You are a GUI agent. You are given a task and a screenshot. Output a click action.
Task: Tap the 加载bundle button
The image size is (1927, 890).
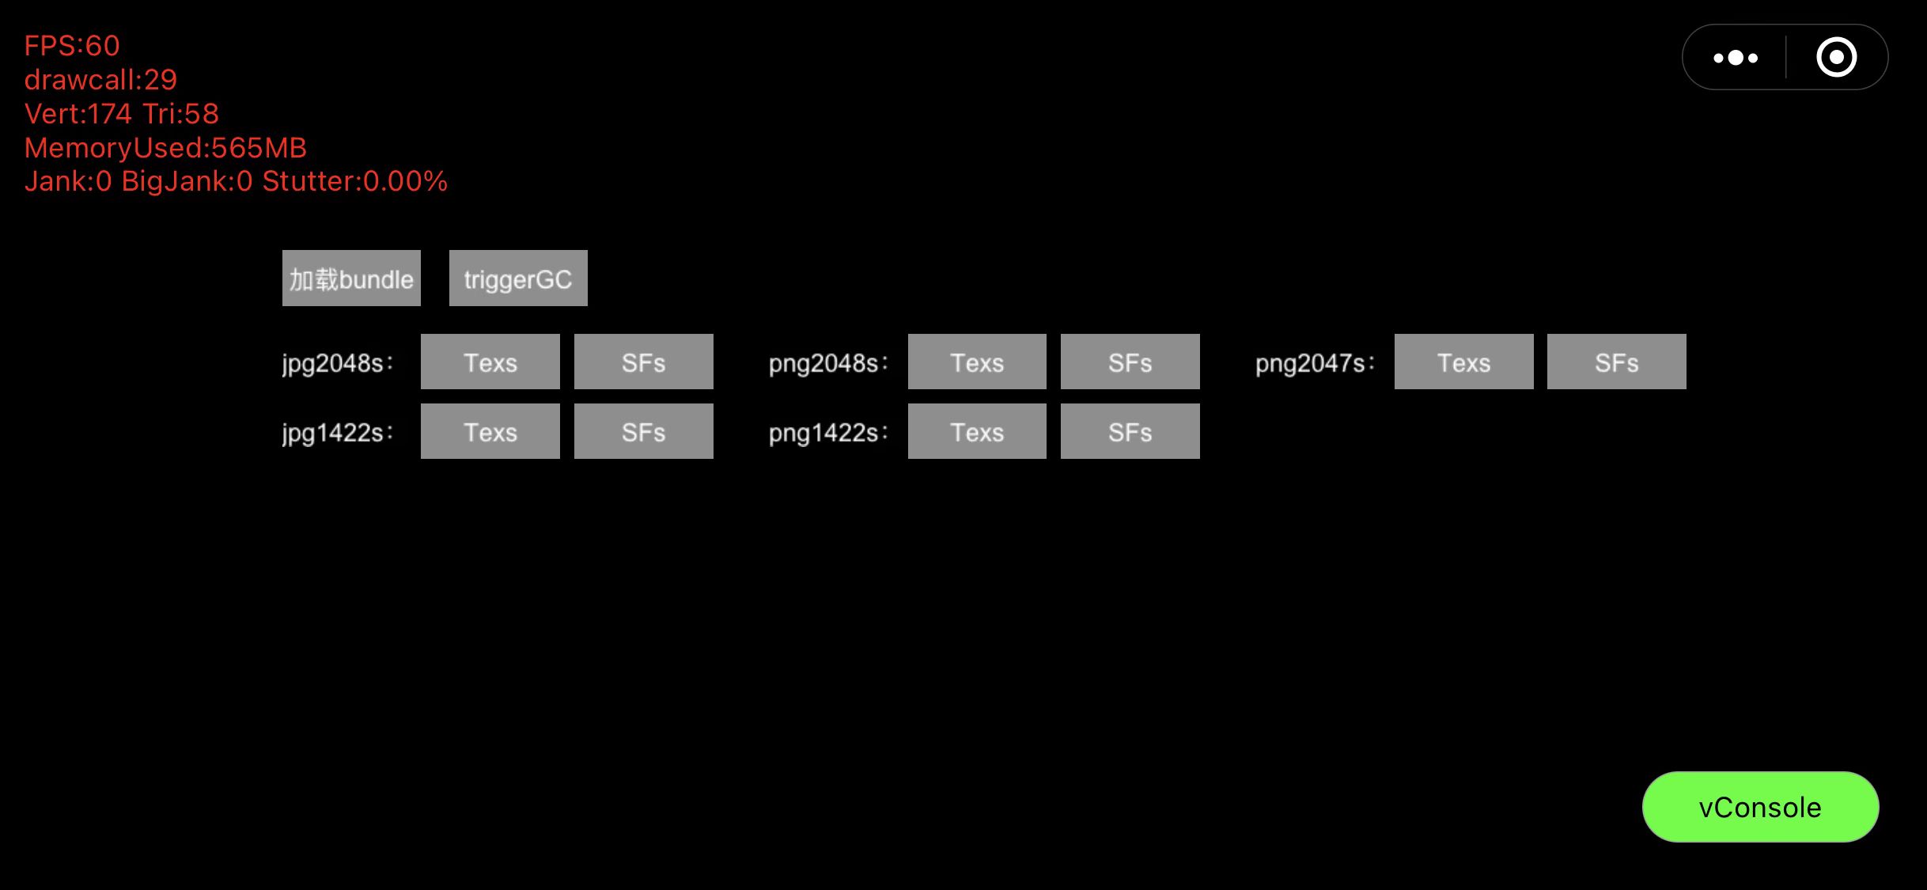(x=351, y=278)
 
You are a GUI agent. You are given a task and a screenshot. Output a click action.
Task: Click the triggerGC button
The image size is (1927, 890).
(x=518, y=278)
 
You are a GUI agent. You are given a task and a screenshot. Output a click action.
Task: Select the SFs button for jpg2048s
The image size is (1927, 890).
(x=643, y=362)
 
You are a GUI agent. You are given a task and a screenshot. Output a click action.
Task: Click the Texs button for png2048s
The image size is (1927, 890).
(x=977, y=362)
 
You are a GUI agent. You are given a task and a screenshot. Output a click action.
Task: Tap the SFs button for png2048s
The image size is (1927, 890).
(x=1130, y=362)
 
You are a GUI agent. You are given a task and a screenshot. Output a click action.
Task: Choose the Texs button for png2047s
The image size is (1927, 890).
(x=1463, y=362)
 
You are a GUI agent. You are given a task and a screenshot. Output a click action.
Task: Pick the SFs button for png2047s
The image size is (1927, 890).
(x=1616, y=362)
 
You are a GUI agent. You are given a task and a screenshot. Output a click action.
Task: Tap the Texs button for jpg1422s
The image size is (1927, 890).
(x=490, y=431)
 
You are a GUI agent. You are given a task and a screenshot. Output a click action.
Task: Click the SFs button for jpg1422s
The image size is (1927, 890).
(x=643, y=431)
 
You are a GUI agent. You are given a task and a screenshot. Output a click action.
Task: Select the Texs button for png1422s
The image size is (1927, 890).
(x=977, y=431)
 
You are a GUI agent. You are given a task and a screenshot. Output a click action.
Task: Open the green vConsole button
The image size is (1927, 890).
(x=1760, y=807)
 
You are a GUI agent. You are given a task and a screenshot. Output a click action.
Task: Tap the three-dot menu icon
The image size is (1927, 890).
(x=1736, y=58)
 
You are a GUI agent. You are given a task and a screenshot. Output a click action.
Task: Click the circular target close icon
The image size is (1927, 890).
(x=1836, y=58)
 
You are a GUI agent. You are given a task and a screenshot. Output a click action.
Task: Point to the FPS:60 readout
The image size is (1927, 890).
(x=72, y=46)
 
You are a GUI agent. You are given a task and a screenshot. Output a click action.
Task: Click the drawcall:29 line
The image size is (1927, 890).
(x=100, y=80)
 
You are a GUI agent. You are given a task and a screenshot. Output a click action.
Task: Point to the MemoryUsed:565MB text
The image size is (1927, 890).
(x=165, y=148)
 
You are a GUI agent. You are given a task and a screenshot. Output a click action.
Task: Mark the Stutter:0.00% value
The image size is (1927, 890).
(x=354, y=182)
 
